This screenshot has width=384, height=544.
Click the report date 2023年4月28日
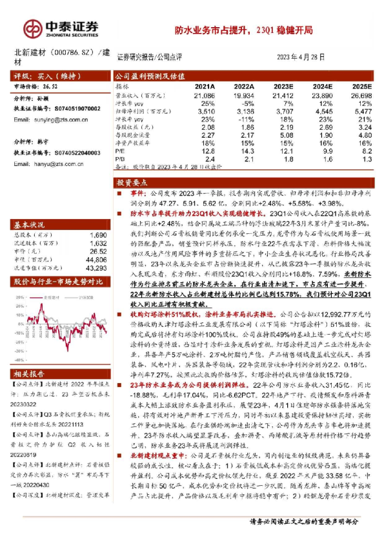coord(301,57)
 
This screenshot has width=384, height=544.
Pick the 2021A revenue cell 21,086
coord(204,95)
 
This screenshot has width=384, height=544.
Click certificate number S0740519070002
coord(72,110)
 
